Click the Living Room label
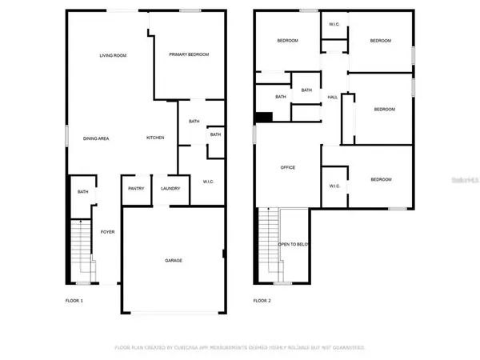[113, 55]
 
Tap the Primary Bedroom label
[189, 54]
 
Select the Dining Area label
[96, 138]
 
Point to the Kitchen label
[155, 138]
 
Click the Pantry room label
[135, 189]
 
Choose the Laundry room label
[170, 189]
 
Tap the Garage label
[173, 260]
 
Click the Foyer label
[107, 232]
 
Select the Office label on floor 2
[288, 167]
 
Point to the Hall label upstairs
[332, 98]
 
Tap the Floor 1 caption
[74, 301]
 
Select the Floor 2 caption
[262, 301]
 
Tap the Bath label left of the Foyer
[83, 192]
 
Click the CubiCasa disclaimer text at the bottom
[240, 347]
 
